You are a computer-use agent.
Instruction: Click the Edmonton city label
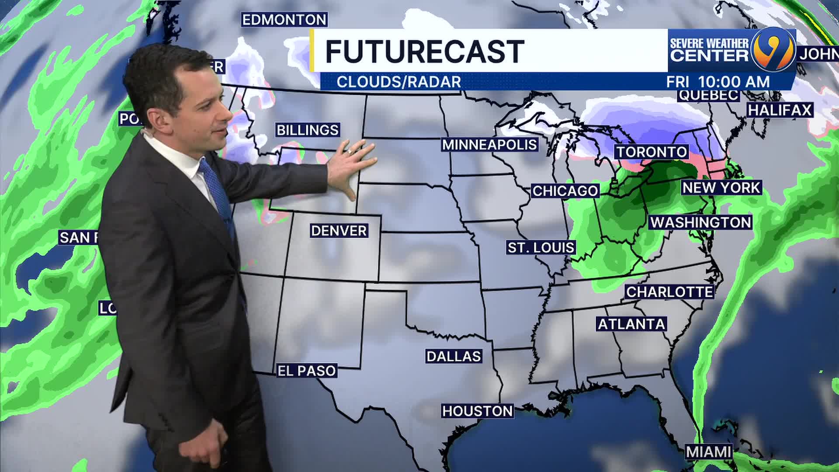point(284,20)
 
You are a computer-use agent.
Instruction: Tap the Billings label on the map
point(308,130)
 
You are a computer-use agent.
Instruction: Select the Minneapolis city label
point(489,145)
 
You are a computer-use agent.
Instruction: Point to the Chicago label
point(565,191)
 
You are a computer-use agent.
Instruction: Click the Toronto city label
point(652,152)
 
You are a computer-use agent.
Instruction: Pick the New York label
point(721,188)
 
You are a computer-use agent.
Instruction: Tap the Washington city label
point(701,222)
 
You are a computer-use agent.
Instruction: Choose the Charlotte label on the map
point(669,292)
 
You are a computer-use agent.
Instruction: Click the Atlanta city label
point(631,324)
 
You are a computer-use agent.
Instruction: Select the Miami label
point(708,452)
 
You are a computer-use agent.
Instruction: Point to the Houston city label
point(477,411)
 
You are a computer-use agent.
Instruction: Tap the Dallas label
point(454,356)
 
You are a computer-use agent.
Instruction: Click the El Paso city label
point(307,371)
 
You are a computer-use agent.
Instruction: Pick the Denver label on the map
point(339,231)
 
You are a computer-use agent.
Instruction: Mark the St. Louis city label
point(541,248)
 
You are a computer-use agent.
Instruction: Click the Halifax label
point(780,110)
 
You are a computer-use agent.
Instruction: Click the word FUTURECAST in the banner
point(424,52)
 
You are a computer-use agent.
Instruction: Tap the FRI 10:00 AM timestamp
point(718,82)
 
